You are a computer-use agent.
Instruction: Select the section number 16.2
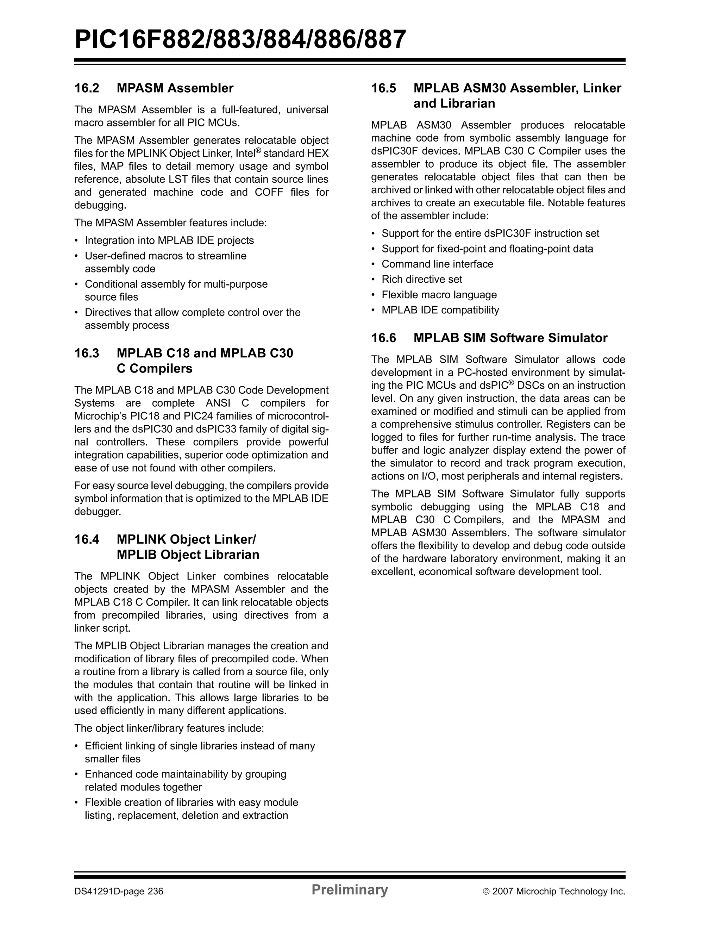click(87, 88)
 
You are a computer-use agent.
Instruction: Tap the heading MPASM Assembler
click(175, 88)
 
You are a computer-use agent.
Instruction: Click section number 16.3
click(87, 354)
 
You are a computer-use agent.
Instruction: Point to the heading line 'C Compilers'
click(155, 369)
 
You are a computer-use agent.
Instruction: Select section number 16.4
click(87, 539)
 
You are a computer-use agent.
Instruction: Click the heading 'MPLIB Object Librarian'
click(188, 555)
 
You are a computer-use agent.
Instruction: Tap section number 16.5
click(383, 88)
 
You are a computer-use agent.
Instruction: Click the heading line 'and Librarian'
click(454, 104)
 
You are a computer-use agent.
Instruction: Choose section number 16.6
click(383, 338)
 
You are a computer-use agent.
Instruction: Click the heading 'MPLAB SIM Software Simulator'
click(510, 338)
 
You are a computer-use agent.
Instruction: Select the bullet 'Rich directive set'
click(421, 280)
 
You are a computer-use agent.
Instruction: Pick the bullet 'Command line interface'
click(437, 264)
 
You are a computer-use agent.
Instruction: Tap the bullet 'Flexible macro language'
click(439, 295)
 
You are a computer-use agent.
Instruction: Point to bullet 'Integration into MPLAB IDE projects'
click(169, 241)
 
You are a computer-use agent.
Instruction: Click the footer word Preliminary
click(349, 890)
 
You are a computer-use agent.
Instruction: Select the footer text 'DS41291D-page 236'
click(119, 892)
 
